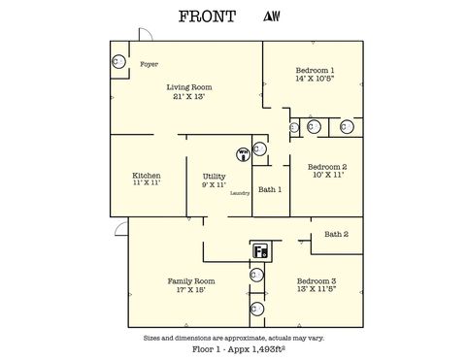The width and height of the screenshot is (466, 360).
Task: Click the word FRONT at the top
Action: (x=207, y=17)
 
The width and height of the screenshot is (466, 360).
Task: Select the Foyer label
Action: (x=150, y=65)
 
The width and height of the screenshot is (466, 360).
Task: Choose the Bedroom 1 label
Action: (x=315, y=70)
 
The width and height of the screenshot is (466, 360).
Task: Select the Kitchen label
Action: (x=147, y=175)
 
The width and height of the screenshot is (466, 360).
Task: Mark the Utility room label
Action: (x=214, y=176)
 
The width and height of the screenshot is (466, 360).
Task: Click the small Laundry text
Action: (x=240, y=193)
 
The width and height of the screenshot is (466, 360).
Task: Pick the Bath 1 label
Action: (x=271, y=189)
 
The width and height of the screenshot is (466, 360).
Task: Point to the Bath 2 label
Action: (x=336, y=234)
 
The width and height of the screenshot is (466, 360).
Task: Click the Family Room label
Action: (x=190, y=280)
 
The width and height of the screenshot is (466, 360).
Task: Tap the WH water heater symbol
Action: (x=244, y=152)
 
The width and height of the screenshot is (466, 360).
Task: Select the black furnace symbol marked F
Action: (x=260, y=251)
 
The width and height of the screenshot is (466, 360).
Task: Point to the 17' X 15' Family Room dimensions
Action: (x=190, y=289)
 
